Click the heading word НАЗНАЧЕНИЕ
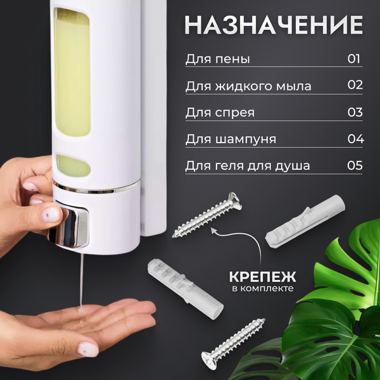click(274, 25)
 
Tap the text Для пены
click(218, 60)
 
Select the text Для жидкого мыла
click(248, 86)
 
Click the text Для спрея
click(220, 113)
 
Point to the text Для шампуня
click(231, 139)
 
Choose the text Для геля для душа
click(248, 166)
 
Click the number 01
click(354, 59)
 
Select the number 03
click(355, 112)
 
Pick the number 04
click(355, 139)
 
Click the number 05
click(355, 165)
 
